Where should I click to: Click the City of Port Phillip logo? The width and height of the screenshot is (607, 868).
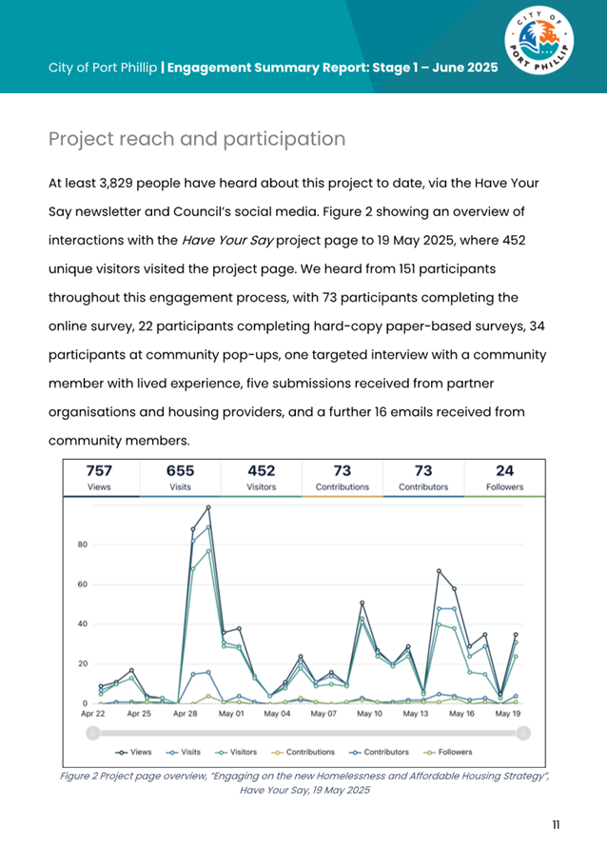pyautogui.click(x=539, y=48)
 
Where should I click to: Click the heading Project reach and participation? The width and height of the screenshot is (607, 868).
pyautogui.click(x=197, y=139)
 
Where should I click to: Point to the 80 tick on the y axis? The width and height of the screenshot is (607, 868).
pyautogui.click(x=83, y=544)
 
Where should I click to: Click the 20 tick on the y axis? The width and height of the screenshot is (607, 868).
pyautogui.click(x=83, y=663)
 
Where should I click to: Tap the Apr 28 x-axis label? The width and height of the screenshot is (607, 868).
pyautogui.click(x=186, y=713)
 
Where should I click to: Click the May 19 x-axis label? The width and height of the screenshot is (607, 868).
pyautogui.click(x=507, y=713)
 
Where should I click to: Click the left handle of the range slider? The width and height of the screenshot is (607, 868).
pyautogui.click(x=92, y=732)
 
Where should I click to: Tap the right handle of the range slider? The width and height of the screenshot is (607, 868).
pyautogui.click(x=523, y=732)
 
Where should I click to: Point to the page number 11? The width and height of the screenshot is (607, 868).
pyautogui.click(x=556, y=824)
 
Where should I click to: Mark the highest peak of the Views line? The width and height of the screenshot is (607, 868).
pyautogui.click(x=208, y=507)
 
